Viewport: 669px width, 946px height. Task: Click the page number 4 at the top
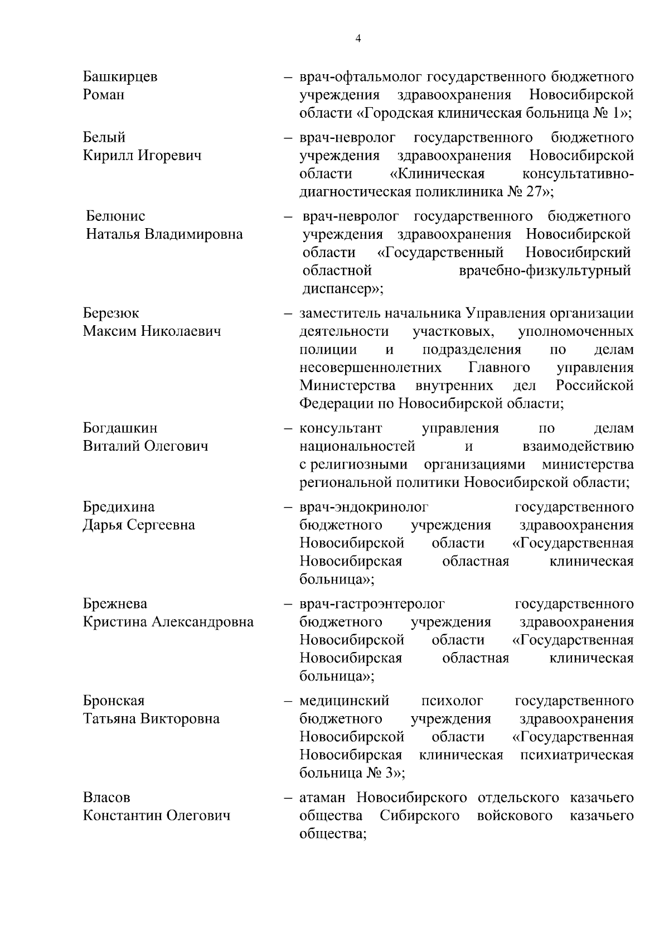[358, 38]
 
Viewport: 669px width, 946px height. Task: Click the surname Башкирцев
[120, 76]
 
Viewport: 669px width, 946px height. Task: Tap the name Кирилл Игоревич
[142, 155]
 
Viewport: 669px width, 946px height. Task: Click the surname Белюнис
[115, 216]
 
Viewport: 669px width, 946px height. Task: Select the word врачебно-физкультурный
[545, 271]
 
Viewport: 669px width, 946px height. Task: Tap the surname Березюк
[111, 313]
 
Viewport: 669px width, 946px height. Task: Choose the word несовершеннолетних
[370, 368]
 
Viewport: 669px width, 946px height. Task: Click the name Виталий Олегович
[146, 446]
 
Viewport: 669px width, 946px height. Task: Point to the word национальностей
[357, 446]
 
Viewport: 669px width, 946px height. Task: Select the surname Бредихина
[119, 507]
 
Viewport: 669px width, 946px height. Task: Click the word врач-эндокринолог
[364, 507]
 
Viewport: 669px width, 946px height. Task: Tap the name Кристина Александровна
[168, 622]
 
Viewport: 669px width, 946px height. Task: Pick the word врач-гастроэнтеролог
[372, 604]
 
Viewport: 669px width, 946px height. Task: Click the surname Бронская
[114, 701]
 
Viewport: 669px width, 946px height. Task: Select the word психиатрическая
[576, 755]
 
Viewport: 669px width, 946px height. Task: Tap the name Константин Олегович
[157, 815]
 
